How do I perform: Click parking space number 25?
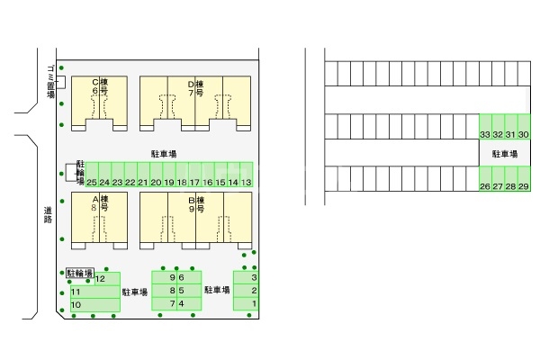pyautogui.click(x=92, y=182)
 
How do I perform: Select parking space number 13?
pyautogui.click(x=247, y=182)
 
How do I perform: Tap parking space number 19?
pyautogui.click(x=169, y=182)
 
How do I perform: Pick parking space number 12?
pyautogui.click(x=101, y=279)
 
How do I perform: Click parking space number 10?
pyautogui.click(x=76, y=305)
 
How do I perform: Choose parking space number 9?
pyautogui.click(x=171, y=277)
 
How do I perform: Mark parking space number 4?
pyautogui.click(x=183, y=303)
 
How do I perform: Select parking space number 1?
pyautogui.click(x=254, y=303)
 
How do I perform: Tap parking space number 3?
pyautogui.click(x=254, y=277)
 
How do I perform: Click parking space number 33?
pyautogui.click(x=485, y=134)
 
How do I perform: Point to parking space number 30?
pyautogui.click(x=524, y=134)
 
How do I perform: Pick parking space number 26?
pyautogui.click(x=485, y=186)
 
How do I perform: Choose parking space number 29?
pyautogui.click(x=524, y=186)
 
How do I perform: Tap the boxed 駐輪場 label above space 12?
pyautogui.click(x=80, y=272)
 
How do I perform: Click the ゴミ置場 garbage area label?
pyautogui.click(x=50, y=81)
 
